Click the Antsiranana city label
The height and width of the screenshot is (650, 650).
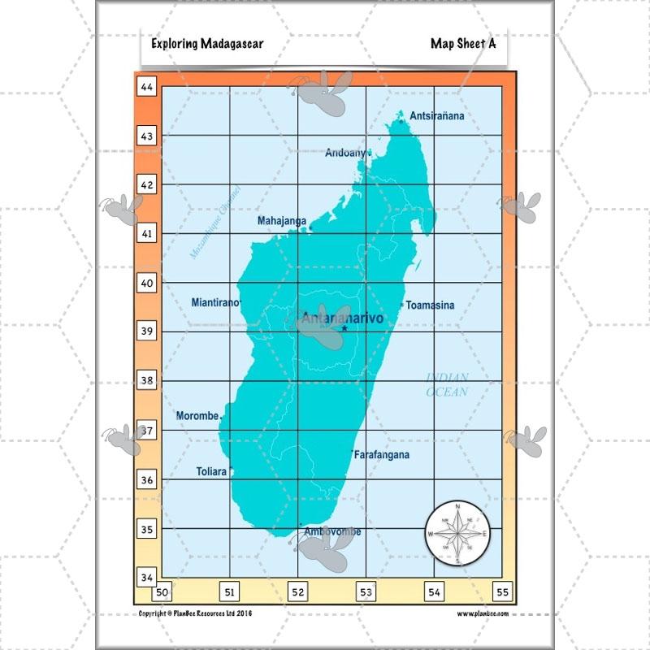pos(437,116)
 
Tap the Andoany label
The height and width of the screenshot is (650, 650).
pos(346,153)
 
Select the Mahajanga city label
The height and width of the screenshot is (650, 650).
pos(282,221)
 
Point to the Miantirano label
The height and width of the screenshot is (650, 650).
pos(215,303)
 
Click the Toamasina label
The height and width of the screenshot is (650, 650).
pos(430,305)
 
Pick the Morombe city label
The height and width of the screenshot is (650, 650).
pos(197,416)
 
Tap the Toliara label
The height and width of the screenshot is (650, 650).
pos(211,471)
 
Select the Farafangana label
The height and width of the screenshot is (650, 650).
pos(382,456)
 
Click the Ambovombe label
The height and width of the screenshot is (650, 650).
pos(332,532)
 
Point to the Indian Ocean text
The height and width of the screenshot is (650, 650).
pos(448,384)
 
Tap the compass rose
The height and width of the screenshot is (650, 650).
pos(457,534)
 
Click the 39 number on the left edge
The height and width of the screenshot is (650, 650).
pos(147,331)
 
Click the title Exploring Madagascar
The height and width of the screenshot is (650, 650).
pos(207,44)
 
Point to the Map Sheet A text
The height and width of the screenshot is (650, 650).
pos(463,44)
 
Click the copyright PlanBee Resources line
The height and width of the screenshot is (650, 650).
pos(196,613)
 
